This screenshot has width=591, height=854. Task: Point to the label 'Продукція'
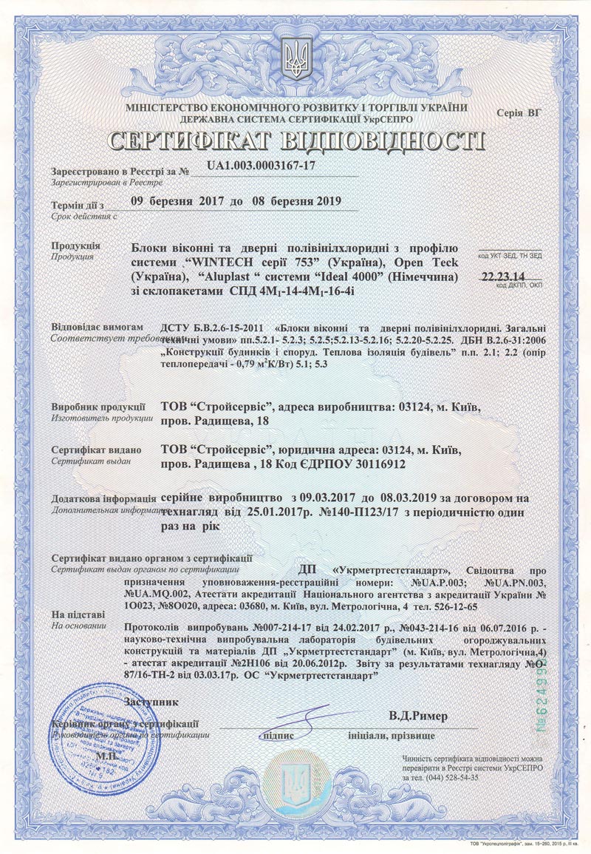(72, 245)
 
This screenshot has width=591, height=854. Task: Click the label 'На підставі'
(78, 614)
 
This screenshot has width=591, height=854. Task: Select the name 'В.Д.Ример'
(417, 715)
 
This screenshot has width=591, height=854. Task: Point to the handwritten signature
(295, 719)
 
